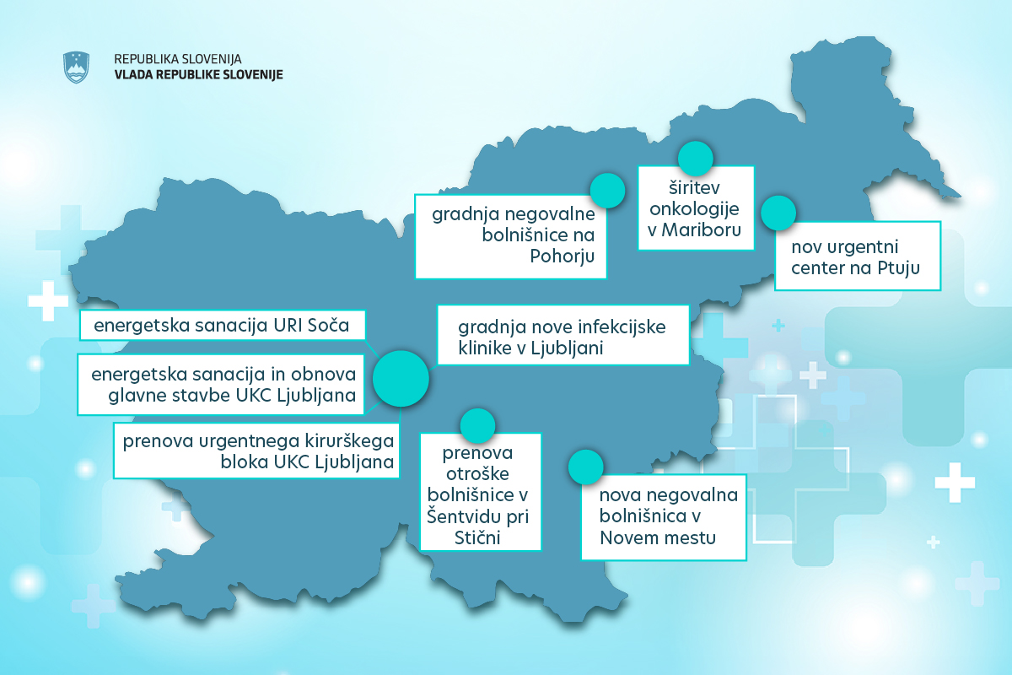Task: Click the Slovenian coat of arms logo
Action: pyautogui.click(x=77, y=67)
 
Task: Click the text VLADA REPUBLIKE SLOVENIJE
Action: pyautogui.click(x=198, y=74)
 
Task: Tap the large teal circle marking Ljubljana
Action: pyautogui.click(x=401, y=378)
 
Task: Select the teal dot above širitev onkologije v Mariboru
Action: pyautogui.click(x=696, y=158)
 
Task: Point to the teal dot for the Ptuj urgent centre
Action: pyautogui.click(x=778, y=213)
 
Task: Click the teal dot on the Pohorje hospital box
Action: pyautogui.click(x=607, y=190)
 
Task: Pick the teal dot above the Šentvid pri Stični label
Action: pyautogui.click(x=476, y=426)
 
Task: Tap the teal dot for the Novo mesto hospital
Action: pyautogui.click(x=586, y=467)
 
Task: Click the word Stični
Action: pyautogui.click(x=479, y=537)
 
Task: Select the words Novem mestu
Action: pyautogui.click(x=658, y=537)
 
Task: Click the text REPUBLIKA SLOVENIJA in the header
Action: pyautogui.click(x=178, y=59)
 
